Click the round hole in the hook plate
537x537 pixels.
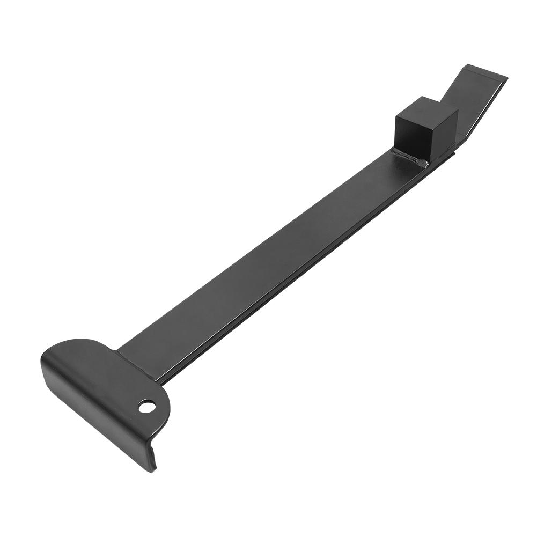pos(146,406)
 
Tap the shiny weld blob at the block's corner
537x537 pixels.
pos(424,163)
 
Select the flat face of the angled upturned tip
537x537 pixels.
pos(475,102)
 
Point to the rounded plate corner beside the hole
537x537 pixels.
pos(164,408)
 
